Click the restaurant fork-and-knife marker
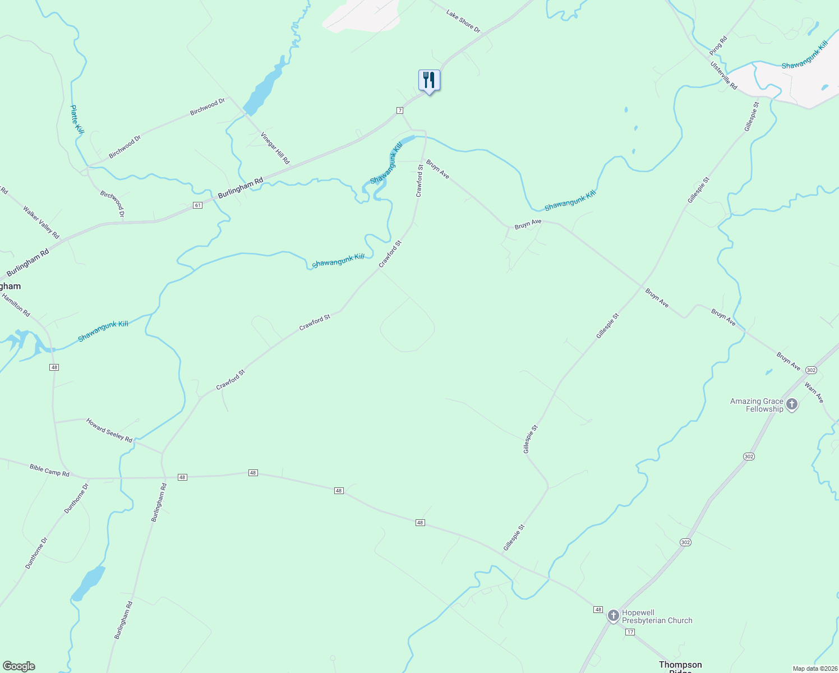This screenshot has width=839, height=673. click(429, 80)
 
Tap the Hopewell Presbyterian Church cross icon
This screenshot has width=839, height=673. click(613, 616)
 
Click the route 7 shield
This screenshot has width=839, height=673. click(400, 110)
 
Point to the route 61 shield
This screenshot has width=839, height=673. click(197, 205)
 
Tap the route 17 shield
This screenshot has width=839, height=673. click(630, 632)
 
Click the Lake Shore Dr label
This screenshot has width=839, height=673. click(463, 21)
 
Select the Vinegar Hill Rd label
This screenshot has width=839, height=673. click(275, 148)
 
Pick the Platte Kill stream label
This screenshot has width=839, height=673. click(77, 119)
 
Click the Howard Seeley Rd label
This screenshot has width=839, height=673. click(109, 430)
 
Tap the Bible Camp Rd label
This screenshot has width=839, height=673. click(49, 470)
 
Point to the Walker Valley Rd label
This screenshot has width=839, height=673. click(41, 222)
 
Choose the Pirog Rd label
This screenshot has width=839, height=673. click(718, 45)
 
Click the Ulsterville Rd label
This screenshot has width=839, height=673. click(723, 75)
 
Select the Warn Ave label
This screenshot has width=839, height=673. click(814, 393)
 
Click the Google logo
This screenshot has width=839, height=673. click(19, 666)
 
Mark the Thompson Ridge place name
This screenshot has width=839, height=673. click(680, 666)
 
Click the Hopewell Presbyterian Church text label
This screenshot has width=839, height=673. click(657, 616)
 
